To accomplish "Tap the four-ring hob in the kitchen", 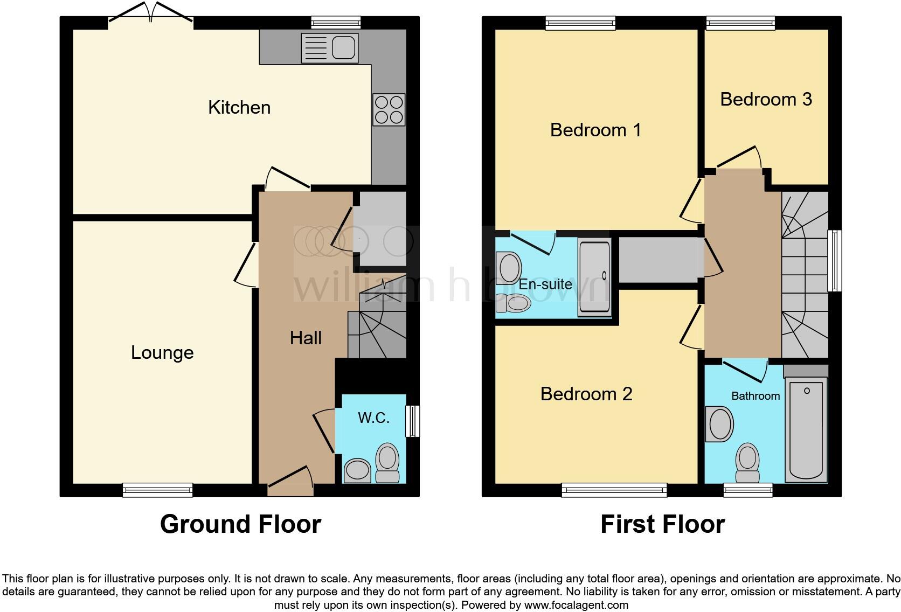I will pos(389,110).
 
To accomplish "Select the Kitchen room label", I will pos(239,107).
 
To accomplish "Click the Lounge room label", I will pos(162,353).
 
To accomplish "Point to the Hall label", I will pos(306,338).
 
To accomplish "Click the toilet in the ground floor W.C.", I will pos(387,462).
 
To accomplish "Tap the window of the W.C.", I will pos(412,421).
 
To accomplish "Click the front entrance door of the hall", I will pos(290,482).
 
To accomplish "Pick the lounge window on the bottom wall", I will pos(157,490).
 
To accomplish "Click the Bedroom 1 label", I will pos(595,130).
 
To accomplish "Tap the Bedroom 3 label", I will pos(766,99).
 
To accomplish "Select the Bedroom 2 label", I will pos(586,394).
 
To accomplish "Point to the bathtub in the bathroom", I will pos(806,428).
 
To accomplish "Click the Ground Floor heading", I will pos(240,524).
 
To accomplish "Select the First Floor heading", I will pos(662,524).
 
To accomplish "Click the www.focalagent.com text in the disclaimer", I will pos(576,605).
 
